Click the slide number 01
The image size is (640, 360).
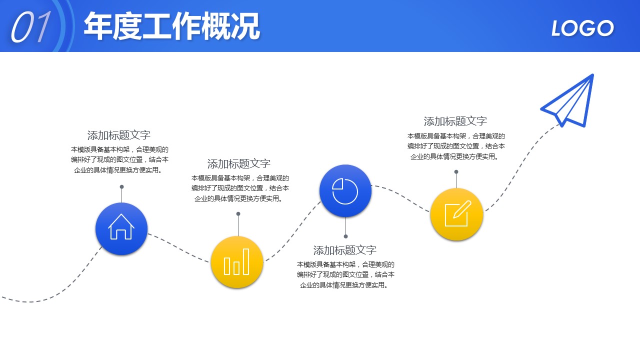point(31,27)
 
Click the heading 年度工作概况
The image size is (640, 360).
point(171,26)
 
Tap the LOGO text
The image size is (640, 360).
point(582,28)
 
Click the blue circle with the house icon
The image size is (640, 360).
point(121,228)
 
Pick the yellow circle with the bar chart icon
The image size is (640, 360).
point(236,262)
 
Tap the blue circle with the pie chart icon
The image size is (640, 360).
point(345,191)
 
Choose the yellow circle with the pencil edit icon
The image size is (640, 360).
point(456,214)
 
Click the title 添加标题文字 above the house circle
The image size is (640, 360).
point(119,135)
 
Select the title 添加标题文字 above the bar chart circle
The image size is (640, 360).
point(239,163)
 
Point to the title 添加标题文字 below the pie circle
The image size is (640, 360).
point(345,250)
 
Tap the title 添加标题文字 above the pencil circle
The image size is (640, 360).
point(455,121)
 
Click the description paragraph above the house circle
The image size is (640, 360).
point(119,159)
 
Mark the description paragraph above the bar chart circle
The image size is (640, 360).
point(240,188)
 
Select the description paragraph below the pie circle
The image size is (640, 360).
point(345,274)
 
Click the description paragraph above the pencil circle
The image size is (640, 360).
point(456,146)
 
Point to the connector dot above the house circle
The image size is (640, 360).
point(121,187)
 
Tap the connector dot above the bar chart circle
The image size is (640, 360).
point(238,214)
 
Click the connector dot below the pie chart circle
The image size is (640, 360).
point(345,236)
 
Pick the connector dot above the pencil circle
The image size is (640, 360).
point(456,172)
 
